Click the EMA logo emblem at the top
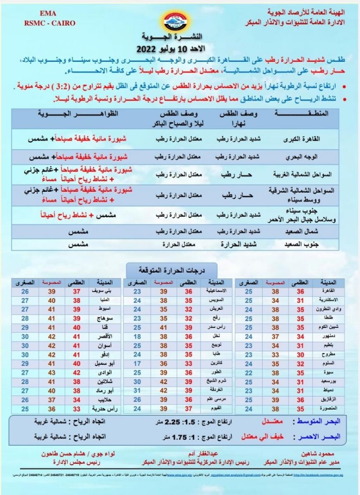coord(180,19)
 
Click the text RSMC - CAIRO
coord(49,23)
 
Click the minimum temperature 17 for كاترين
coord(137,364)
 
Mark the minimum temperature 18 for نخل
coord(137,337)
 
